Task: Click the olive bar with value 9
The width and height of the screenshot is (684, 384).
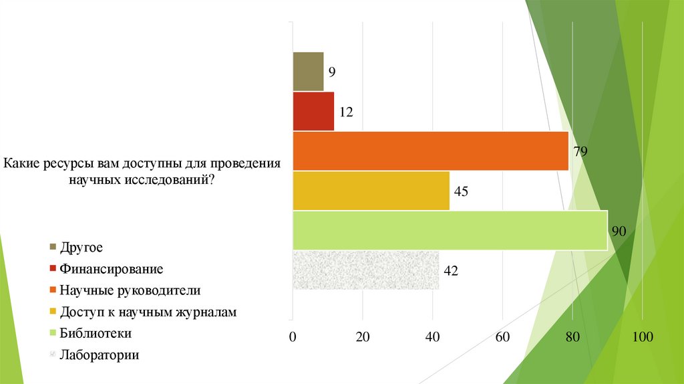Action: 309,71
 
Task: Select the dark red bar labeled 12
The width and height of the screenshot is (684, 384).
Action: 313,111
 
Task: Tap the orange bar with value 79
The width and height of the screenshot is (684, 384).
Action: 430,151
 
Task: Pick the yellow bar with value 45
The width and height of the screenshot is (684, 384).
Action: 371,191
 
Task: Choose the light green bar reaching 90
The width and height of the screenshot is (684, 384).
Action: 450,231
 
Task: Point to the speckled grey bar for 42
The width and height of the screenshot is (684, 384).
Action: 366,271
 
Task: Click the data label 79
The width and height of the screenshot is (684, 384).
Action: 580,151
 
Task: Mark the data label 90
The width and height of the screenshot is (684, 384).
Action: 619,231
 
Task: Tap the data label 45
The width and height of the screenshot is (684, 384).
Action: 461,191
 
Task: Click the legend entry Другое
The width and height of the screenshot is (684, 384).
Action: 81,248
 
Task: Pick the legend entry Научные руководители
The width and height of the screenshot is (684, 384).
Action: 130,290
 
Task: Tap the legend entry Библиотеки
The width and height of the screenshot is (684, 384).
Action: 96,333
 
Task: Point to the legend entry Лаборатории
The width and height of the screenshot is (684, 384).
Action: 99,355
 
